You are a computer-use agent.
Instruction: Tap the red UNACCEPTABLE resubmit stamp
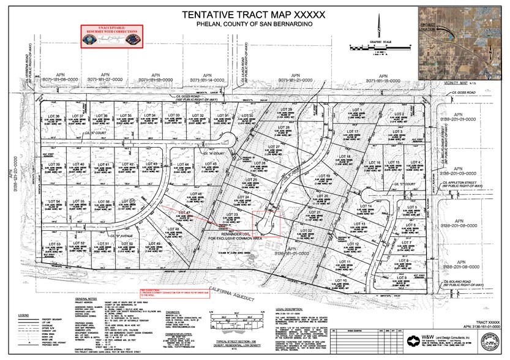(112, 36)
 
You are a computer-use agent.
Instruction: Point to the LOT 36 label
(53, 116)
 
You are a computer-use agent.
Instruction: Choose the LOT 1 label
(357, 110)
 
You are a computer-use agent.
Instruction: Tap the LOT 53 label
(53, 244)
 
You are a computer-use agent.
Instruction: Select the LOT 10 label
(341, 280)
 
